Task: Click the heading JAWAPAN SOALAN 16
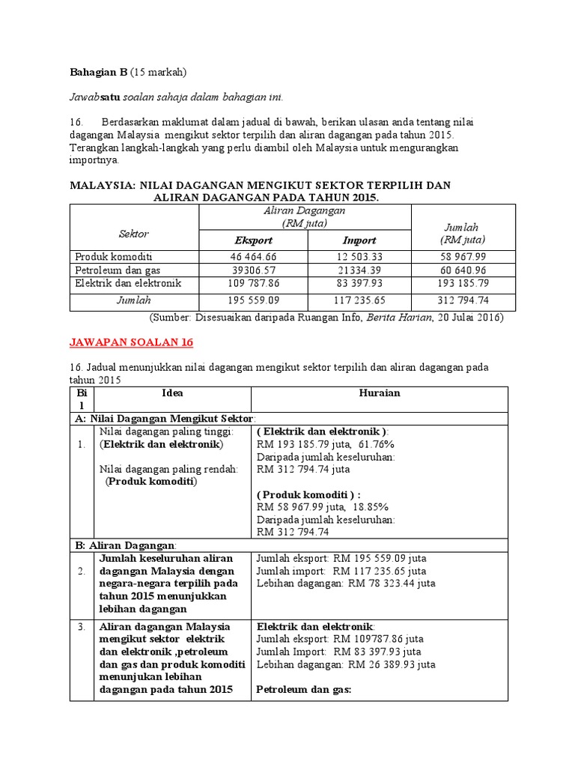point(131,342)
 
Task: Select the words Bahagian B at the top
point(98,73)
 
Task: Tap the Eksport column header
point(254,240)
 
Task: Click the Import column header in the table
point(359,240)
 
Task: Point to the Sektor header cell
point(134,234)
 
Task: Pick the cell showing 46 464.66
point(254,256)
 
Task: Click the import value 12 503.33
point(359,256)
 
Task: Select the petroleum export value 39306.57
point(254,270)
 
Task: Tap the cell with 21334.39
point(359,270)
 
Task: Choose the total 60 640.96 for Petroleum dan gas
point(460,270)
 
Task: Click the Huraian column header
point(380,393)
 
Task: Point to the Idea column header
point(172,393)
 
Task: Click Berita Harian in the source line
point(414,318)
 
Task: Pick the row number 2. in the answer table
point(81,571)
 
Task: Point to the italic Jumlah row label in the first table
point(134,300)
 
